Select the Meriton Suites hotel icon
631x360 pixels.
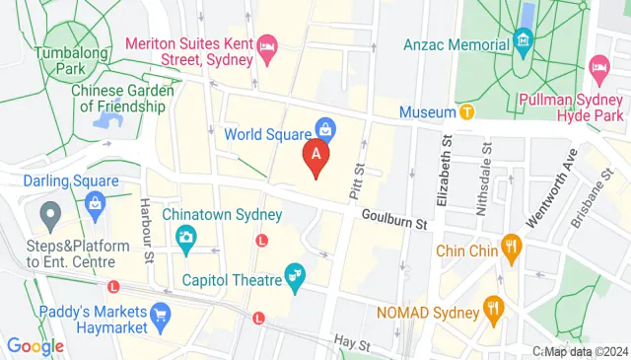click(x=265, y=46)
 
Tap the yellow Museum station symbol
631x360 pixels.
click(x=467, y=112)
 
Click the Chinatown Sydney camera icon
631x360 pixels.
click(x=184, y=237)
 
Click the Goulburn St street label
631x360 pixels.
click(x=394, y=219)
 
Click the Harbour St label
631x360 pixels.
click(x=146, y=216)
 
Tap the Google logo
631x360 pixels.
click(x=35, y=346)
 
